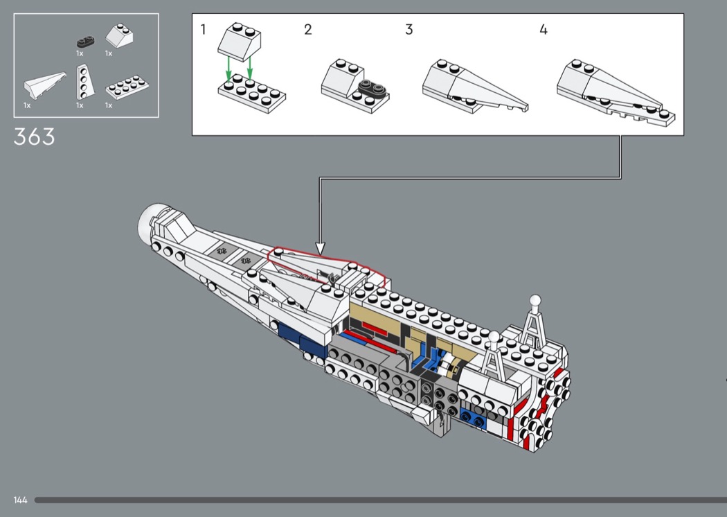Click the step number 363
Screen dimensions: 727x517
coord(35,137)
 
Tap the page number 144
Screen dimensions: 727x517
coord(20,500)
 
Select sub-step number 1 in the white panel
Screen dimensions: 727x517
coord(203,30)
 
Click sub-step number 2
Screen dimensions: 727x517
coord(308,30)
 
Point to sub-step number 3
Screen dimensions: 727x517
coord(409,30)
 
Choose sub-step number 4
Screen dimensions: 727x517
coord(544,30)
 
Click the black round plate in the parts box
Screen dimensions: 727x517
coord(86,42)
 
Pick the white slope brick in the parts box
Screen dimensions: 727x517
coord(120,36)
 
